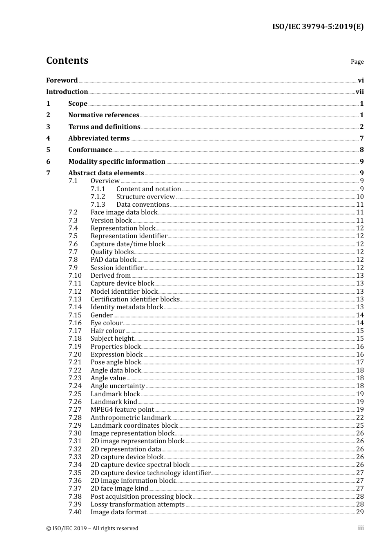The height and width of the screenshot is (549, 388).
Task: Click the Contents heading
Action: click(67, 60)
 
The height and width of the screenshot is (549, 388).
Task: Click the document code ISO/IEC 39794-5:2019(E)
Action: click(318, 27)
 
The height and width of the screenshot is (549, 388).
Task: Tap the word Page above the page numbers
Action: click(357, 62)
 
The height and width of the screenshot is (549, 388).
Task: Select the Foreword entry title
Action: click(62, 80)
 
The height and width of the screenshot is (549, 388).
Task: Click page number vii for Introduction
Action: click(359, 92)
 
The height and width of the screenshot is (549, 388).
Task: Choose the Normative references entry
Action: click(104, 115)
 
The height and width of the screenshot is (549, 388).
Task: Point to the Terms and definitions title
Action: click(104, 127)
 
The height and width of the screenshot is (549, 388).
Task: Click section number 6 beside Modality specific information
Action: click(48, 162)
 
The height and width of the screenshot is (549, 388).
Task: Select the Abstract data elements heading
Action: click(106, 173)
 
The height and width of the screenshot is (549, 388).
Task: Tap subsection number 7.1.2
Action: click(98, 197)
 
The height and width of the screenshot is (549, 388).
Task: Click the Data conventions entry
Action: click(143, 205)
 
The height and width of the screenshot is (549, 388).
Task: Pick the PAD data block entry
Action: click(113, 260)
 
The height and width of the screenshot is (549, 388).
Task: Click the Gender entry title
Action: click(101, 315)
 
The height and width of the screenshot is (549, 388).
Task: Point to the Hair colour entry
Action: click(107, 331)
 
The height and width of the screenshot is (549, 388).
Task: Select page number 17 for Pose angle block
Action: click(360, 362)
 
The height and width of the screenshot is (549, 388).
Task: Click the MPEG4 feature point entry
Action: click(122, 410)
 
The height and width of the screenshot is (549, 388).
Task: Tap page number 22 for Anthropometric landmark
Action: click(360, 418)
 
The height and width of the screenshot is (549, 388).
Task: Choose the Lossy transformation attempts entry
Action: click(137, 504)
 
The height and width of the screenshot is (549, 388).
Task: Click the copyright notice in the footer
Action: click(92, 529)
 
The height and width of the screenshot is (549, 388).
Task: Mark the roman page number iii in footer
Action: click(361, 528)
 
